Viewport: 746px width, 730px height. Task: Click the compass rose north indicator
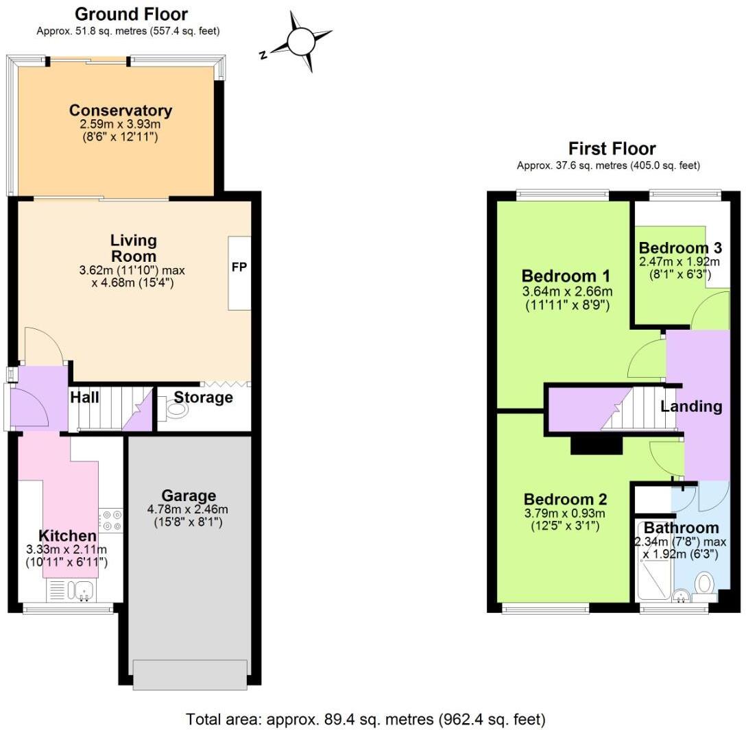300,42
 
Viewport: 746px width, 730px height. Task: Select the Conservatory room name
121,110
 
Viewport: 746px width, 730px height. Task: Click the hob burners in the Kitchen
110,519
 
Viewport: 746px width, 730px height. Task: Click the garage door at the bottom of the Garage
190,674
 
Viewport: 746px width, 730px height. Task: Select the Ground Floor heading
131,14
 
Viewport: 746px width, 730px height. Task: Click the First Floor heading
612,149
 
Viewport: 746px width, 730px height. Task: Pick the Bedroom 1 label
566,276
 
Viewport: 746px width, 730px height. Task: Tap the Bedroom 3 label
679,247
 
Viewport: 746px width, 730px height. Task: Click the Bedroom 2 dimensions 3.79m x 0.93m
565,513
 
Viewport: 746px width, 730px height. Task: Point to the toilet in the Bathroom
705,585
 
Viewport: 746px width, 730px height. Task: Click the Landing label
691,406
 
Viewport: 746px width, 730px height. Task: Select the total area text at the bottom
365,720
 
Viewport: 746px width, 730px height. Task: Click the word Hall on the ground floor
84,398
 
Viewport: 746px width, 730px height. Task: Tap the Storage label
203,398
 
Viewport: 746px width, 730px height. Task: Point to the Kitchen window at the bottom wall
68,608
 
